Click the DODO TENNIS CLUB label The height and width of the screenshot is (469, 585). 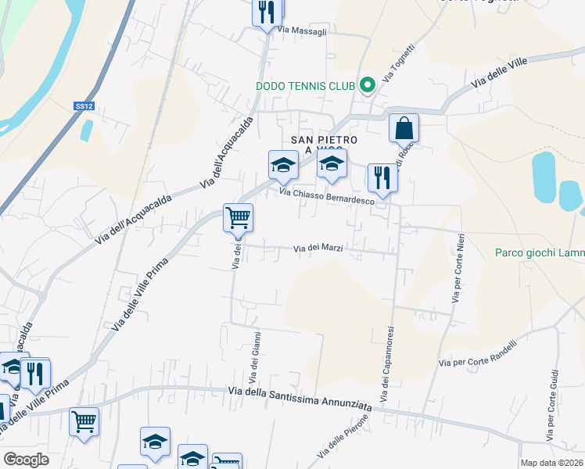pyautogui.click(x=306, y=86)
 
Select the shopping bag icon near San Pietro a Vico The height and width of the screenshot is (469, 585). pyautogui.click(x=404, y=129)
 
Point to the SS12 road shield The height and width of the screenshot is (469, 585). pyautogui.click(x=84, y=106)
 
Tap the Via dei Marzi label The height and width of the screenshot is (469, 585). pyautogui.click(x=318, y=249)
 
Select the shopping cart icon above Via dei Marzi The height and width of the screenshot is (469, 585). pyautogui.click(x=238, y=218)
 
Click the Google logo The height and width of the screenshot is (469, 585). pyautogui.click(x=26, y=459)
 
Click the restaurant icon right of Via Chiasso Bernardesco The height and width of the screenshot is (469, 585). pyautogui.click(x=382, y=177)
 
